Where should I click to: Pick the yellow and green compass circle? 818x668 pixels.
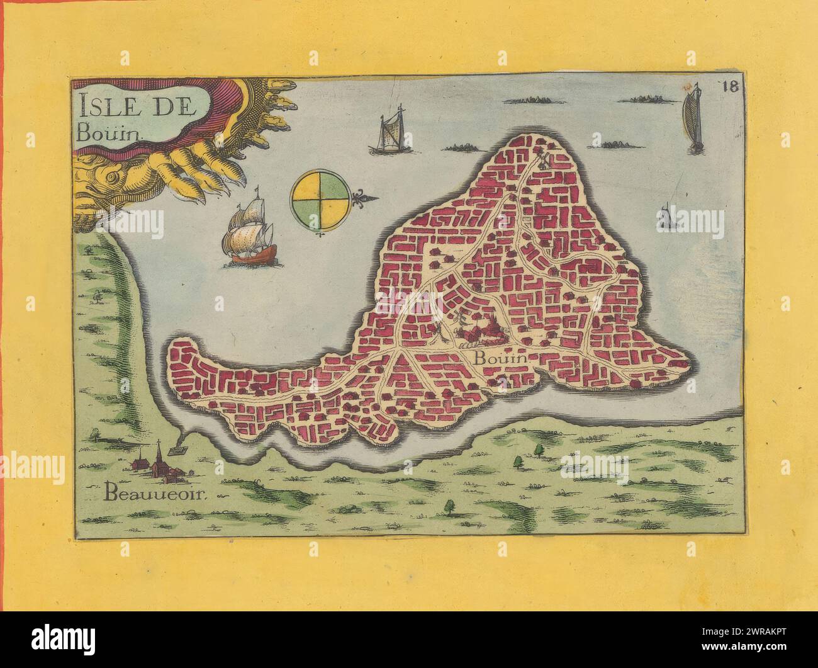(321, 201)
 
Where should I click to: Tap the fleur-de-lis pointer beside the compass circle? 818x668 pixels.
(364, 200)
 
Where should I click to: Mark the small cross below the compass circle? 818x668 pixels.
(322, 235)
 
